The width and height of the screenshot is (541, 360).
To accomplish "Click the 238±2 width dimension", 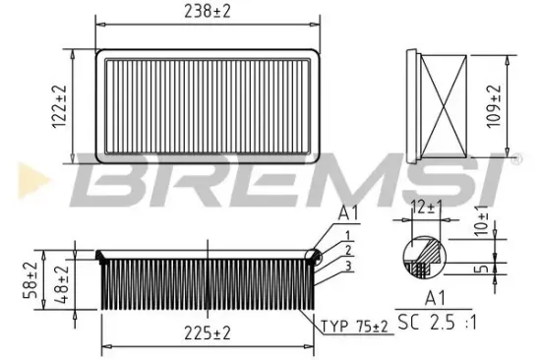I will (x=207, y=13).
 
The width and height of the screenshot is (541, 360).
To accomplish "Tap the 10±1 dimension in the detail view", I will (x=481, y=219).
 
